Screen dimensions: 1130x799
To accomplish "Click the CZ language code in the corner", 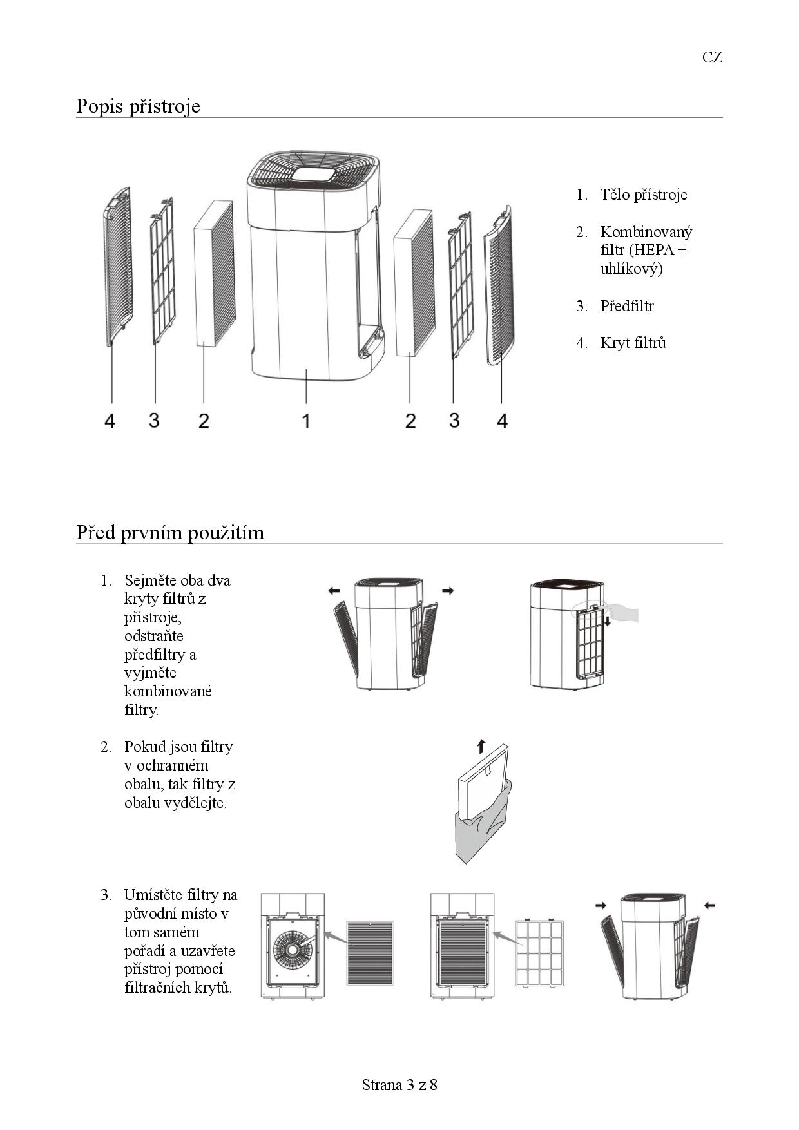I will (x=712, y=57).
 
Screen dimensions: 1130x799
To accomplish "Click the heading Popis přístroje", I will (x=138, y=106).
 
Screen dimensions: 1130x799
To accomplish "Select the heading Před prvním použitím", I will (x=170, y=533).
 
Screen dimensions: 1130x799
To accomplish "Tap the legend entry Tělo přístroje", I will (x=643, y=195).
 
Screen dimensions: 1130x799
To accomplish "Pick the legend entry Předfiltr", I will (x=626, y=306).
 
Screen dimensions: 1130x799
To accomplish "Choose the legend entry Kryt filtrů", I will (x=633, y=343).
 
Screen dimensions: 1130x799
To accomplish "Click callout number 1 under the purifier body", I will (x=306, y=421).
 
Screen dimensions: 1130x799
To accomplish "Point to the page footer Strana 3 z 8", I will (x=400, y=1085).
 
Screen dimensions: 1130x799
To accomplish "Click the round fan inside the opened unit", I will (x=293, y=948).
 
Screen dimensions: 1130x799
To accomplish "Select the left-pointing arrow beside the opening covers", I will (x=334, y=590).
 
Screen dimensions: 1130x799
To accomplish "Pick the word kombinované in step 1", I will (x=168, y=691).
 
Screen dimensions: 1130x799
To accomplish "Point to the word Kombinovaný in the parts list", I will (x=646, y=232).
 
